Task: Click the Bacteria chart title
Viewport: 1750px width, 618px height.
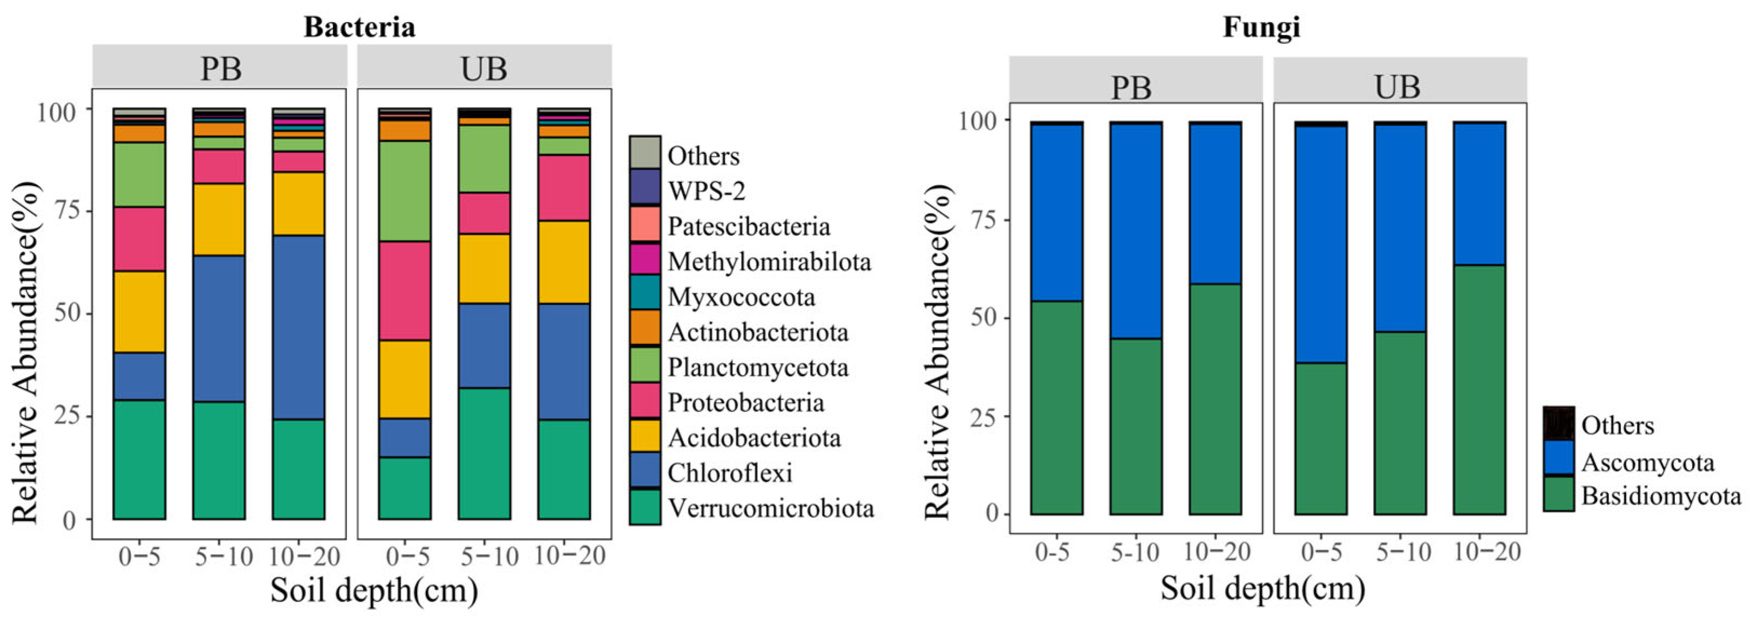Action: click(x=359, y=27)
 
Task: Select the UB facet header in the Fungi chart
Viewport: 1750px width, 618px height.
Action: click(x=1399, y=86)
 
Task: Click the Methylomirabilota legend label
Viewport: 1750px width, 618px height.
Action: click(x=769, y=261)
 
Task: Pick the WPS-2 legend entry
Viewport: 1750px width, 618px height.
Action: click(x=706, y=191)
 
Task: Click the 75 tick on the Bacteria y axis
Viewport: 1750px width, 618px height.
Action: click(x=66, y=211)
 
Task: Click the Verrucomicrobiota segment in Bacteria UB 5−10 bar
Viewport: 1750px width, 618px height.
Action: click(x=484, y=453)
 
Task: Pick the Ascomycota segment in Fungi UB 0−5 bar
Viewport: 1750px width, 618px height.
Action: click(x=1320, y=245)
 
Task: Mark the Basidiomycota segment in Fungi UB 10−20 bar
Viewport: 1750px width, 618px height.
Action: click(x=1479, y=389)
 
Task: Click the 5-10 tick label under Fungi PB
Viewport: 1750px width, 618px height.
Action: click(x=1134, y=553)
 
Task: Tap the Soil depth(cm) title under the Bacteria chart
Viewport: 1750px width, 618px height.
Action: click(x=374, y=589)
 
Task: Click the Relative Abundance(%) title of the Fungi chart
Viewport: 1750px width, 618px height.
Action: click(x=939, y=352)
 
